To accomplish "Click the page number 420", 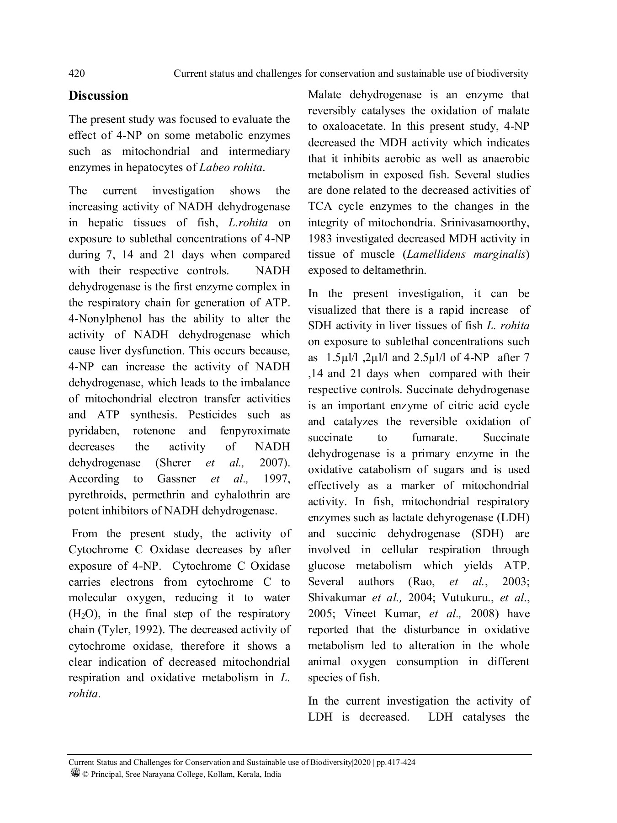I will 76,74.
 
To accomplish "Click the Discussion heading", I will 98,96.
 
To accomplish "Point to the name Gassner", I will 176,479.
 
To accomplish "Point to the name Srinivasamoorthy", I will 485,223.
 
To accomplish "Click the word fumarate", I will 434,438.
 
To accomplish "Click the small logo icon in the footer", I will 75,773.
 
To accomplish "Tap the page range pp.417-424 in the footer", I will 396,763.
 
